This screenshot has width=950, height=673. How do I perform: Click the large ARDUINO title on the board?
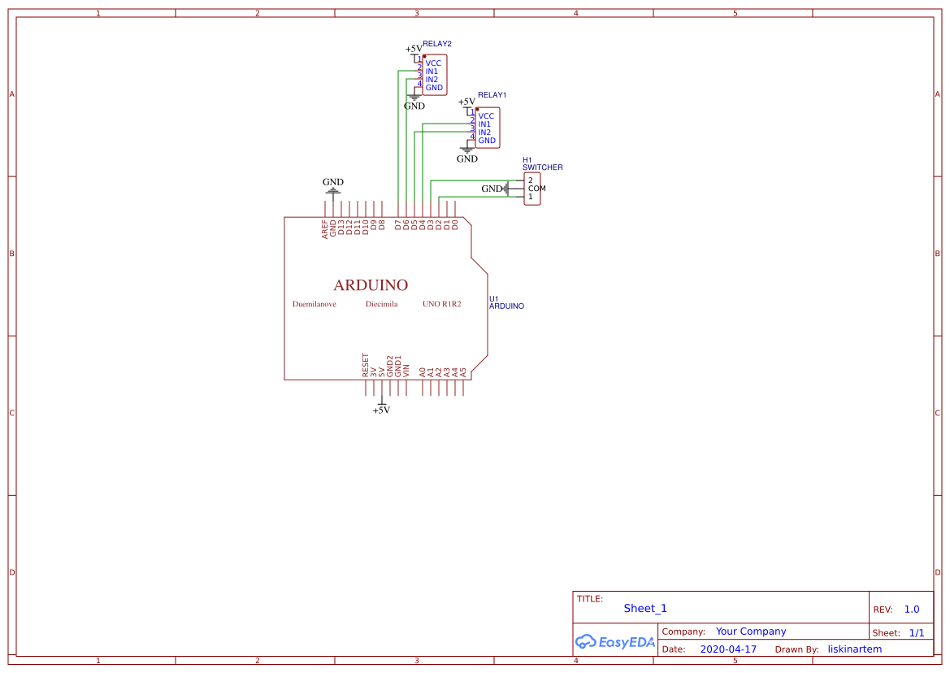371,285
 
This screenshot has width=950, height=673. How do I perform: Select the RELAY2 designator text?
437,43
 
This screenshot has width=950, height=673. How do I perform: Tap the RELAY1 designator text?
492,95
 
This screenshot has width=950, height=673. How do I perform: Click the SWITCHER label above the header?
542,167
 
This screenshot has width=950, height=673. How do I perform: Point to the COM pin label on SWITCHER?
536,189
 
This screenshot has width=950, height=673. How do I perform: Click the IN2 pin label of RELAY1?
484,132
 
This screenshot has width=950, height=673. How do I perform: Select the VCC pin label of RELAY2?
433,63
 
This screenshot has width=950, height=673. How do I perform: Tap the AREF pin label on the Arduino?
325,228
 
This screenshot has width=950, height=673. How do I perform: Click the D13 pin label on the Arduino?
341,228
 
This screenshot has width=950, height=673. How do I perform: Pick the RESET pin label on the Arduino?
366,365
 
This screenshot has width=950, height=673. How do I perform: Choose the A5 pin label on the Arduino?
463,371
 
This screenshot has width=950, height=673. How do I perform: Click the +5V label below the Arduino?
381,410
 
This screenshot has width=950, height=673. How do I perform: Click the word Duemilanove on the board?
314,304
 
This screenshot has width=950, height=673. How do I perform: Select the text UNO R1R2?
441,304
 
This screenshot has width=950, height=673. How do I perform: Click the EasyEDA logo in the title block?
614,642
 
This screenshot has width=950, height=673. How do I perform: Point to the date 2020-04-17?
727,649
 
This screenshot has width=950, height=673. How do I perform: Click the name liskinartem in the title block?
854,649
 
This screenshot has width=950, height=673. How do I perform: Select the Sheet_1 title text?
645,609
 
